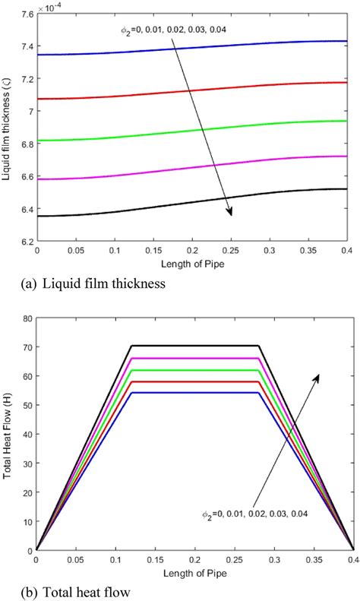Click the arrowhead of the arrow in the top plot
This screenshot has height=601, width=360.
click(230, 213)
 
